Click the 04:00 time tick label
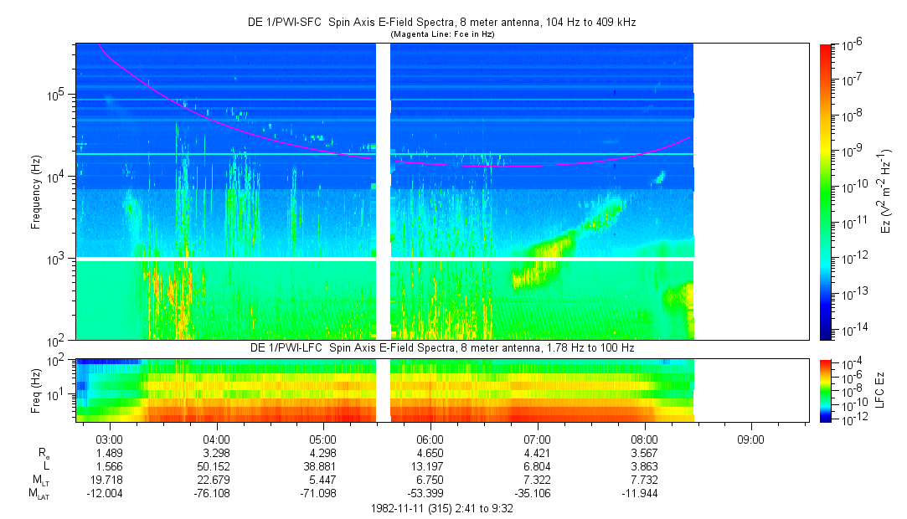216,439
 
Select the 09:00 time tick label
751,439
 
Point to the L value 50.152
216,466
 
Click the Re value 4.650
430,453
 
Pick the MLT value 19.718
109,480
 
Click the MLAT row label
39,494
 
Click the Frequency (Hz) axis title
36,193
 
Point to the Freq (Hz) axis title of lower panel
36,390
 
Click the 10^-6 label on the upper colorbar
850,44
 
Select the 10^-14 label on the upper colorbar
852,331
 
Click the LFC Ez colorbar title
880,390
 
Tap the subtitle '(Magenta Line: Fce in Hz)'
442,34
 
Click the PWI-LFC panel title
442,348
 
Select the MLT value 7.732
644,480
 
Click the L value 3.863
644,466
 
